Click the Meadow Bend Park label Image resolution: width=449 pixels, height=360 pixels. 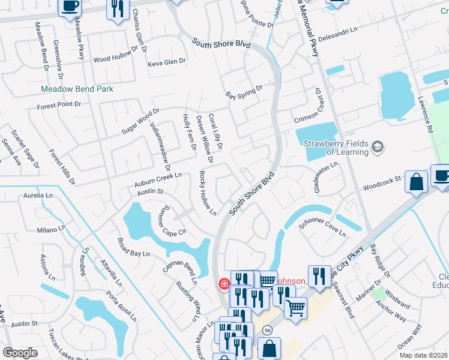[77, 89]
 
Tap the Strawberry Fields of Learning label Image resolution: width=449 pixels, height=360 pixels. [336, 148]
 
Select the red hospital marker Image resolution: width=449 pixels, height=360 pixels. [223, 283]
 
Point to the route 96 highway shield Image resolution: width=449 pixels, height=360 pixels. [267, 330]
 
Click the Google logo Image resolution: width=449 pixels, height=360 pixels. [20, 353]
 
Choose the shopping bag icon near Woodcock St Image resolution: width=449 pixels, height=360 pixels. [416, 182]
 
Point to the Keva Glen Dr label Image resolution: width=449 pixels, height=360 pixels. [167, 62]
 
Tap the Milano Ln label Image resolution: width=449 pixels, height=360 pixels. [50, 229]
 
